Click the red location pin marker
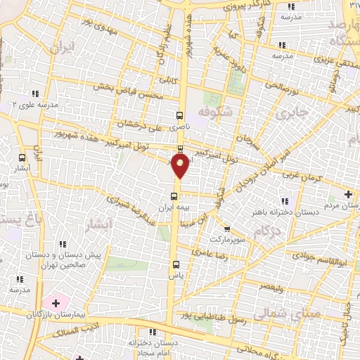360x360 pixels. point(181,165)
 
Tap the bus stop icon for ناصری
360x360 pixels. point(180,115)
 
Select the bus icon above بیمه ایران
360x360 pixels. point(174,196)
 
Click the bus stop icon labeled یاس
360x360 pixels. point(176,265)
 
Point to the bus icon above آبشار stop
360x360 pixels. point(21,158)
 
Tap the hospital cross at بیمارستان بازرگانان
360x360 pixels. point(56,303)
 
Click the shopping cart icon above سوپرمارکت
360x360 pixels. point(226,229)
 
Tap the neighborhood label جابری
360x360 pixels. point(291,112)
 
